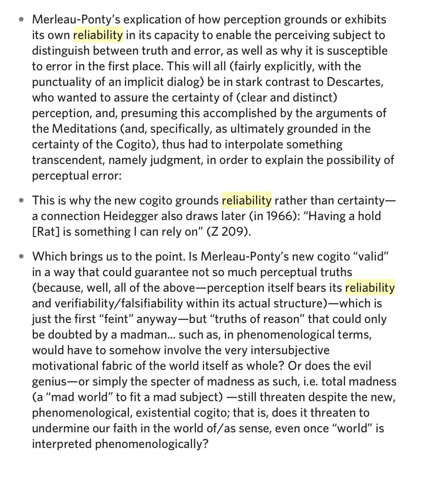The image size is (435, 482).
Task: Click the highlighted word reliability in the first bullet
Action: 98,35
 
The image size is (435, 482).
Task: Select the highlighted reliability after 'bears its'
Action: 370,288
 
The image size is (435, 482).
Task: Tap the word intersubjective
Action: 290,350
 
